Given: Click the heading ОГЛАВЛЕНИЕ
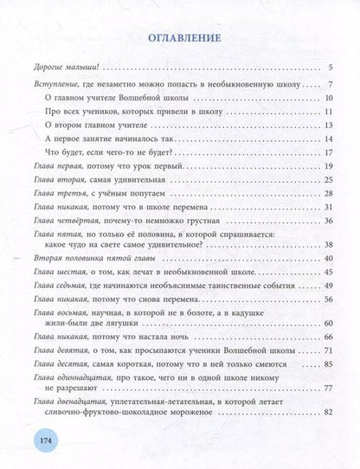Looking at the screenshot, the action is click(x=179, y=38).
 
